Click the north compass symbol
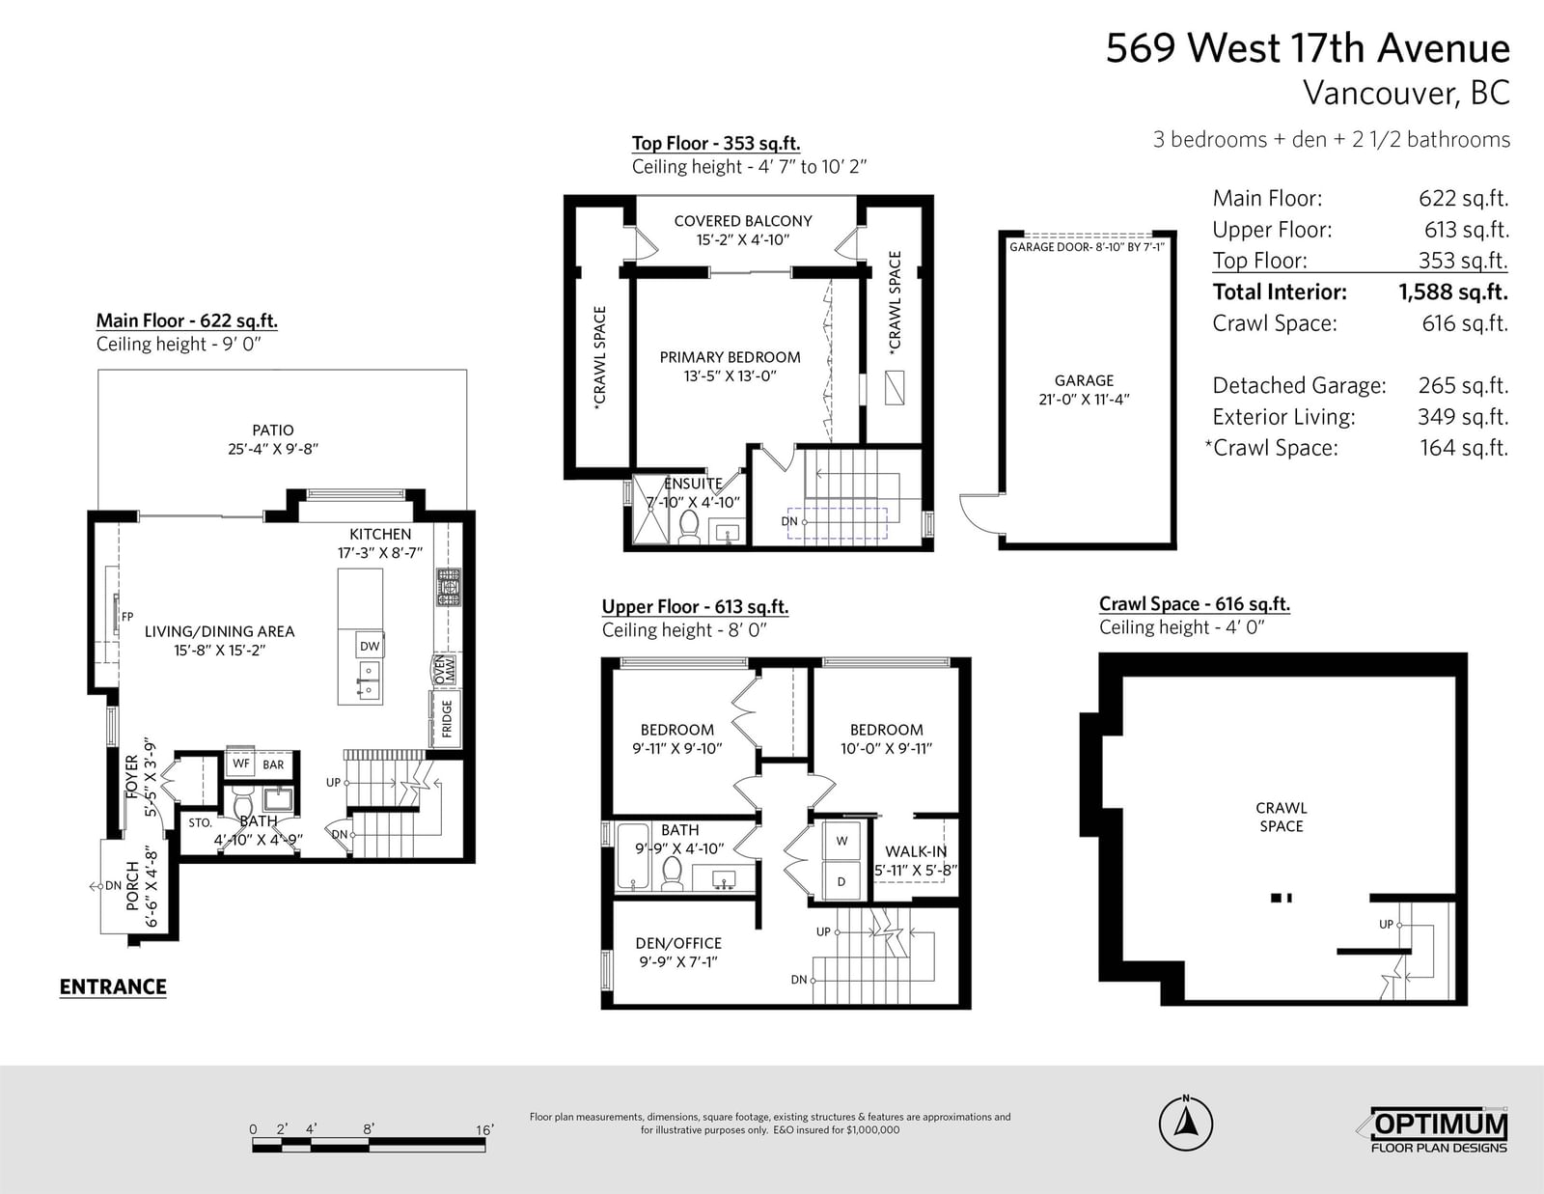coord(1185,1124)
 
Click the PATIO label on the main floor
coord(273,430)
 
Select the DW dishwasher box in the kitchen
coord(370,646)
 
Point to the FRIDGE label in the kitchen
coord(447,718)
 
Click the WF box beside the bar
coord(241,764)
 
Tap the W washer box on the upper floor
coord(842,841)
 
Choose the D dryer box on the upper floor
coord(842,881)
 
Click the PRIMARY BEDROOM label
coord(730,357)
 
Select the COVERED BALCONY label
coord(742,221)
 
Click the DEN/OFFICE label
coord(678,943)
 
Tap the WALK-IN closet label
coord(916,851)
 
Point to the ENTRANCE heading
coord(113,986)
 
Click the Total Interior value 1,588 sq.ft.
coord(1453,292)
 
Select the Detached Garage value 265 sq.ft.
coord(1463,385)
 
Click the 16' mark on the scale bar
coord(484,1129)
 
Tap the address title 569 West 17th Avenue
coord(1308,48)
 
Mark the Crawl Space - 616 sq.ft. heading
coord(1195,604)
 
